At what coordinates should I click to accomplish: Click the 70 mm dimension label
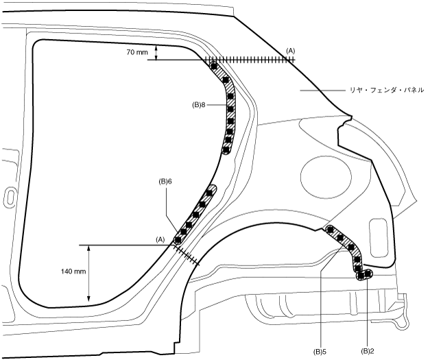[137, 52]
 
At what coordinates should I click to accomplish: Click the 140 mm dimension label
[73, 272]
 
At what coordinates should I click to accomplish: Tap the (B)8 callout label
[199, 105]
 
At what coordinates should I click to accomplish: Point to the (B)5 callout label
[318, 351]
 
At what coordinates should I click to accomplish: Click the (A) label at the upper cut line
[291, 51]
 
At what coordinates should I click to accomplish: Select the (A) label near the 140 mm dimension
[160, 239]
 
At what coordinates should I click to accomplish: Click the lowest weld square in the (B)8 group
[227, 148]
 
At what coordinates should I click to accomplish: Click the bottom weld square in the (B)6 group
[179, 239]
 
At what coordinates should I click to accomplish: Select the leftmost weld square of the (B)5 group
[331, 230]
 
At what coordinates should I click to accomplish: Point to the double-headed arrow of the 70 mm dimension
[157, 53]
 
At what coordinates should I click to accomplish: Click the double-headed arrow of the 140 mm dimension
[90, 272]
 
